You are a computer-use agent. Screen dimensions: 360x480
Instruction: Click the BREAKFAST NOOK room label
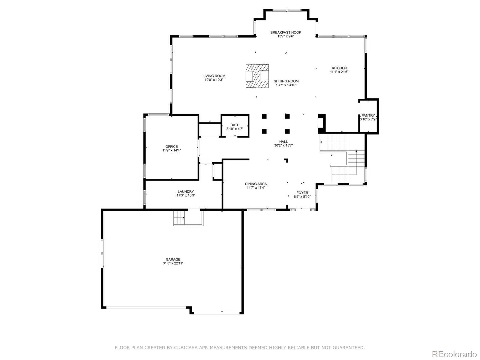[286, 32]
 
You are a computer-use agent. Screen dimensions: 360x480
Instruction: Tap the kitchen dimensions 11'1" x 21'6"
[339, 72]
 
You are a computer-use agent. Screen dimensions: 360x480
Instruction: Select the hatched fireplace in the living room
[257, 76]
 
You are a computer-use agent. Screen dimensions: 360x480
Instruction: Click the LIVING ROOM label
[214, 76]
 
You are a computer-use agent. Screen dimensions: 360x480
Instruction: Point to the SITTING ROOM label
[286, 81]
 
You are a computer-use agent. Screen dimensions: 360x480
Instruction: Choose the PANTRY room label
[368, 115]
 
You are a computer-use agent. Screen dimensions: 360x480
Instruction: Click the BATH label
[235, 125]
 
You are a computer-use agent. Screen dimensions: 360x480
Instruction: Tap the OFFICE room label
[171, 147]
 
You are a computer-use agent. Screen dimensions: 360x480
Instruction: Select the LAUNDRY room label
[186, 192]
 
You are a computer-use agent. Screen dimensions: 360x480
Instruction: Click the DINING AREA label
[256, 184]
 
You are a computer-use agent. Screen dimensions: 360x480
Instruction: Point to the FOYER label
[302, 193]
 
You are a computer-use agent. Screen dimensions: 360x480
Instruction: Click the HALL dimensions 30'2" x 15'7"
[283, 145]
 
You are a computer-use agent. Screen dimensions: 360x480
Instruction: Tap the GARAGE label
[173, 259]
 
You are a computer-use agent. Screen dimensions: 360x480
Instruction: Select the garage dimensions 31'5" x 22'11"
[173, 263]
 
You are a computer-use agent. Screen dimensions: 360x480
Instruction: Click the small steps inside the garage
[179, 218]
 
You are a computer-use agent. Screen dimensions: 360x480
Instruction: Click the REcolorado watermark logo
[454, 354]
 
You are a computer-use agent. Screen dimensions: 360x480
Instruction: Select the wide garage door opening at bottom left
[146, 307]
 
